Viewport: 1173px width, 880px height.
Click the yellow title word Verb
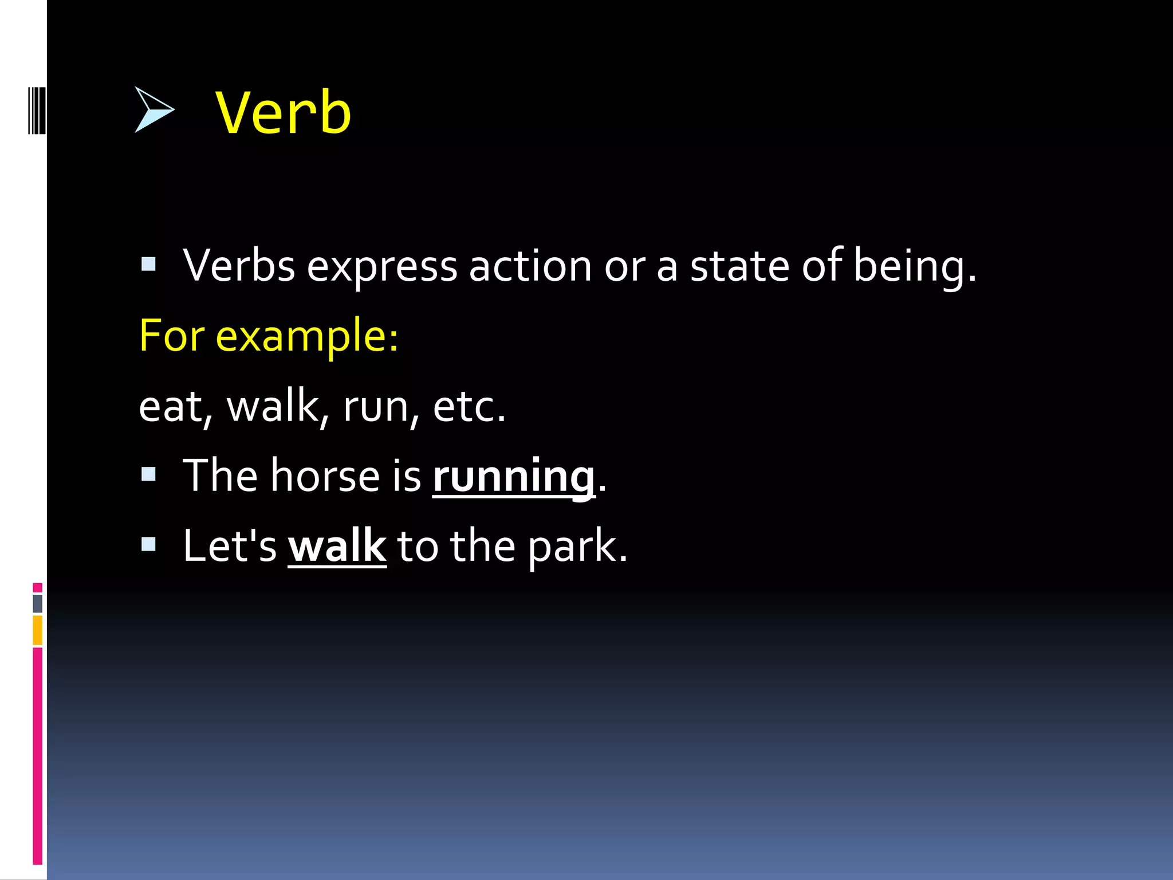[284, 113]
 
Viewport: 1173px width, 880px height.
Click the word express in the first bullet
[381, 266]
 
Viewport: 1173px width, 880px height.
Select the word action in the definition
[530, 266]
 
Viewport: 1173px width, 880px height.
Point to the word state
[739, 266]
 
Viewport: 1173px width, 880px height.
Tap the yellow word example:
[306, 337]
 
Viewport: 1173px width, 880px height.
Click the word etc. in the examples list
[469, 407]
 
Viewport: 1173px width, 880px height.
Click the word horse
[325, 476]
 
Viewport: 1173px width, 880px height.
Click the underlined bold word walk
[337, 546]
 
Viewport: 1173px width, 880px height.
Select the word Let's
[229, 546]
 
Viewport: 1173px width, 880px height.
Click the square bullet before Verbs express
[148, 264]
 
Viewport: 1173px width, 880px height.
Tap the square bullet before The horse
[148, 474]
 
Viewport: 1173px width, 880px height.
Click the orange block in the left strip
[37, 630]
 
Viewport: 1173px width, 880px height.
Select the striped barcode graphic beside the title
[37, 111]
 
